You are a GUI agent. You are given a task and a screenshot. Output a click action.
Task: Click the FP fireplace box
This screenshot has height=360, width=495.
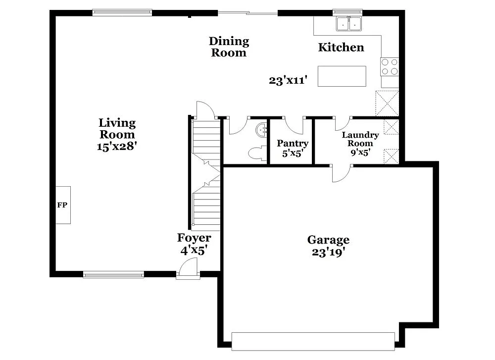pos(63,205)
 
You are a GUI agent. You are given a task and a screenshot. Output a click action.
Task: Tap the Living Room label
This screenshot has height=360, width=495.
pos(117,128)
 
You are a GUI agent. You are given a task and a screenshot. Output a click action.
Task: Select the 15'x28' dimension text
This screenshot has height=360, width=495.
pos(117,146)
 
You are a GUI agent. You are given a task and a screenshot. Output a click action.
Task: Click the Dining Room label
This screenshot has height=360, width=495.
pos(229,47)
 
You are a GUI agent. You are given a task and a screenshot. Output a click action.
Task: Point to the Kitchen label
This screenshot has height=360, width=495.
pos(341,48)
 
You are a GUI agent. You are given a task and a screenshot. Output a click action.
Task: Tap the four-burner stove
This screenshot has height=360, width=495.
pos(390,67)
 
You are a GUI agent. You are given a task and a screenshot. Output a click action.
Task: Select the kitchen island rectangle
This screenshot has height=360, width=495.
pos(342,76)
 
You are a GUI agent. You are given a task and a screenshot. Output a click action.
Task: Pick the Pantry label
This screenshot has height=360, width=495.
pos(293,144)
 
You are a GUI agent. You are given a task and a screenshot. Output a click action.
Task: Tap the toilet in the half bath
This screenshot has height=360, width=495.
pos(256,154)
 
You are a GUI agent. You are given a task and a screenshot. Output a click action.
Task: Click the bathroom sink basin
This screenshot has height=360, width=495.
pos(262,130)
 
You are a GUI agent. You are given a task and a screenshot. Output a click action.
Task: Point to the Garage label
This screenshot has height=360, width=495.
pos(328,240)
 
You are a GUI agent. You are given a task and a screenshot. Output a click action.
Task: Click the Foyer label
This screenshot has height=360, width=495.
pos(194,238)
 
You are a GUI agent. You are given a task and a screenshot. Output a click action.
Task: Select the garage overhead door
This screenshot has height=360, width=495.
pos(313,341)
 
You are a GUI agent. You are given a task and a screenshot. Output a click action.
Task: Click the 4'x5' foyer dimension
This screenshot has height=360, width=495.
pos(193,251)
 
